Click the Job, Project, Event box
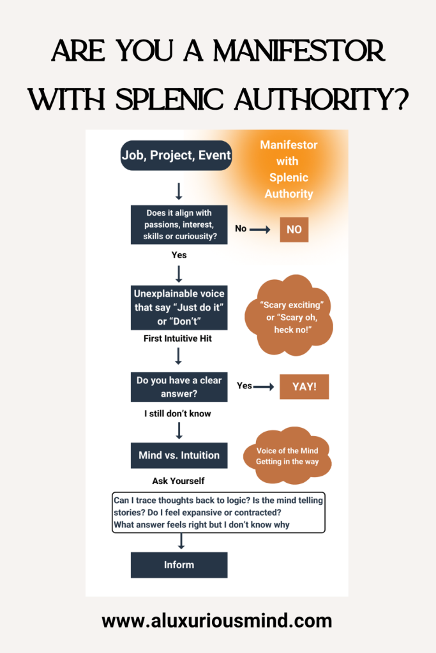click(176, 156)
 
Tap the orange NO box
click(294, 230)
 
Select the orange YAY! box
click(304, 387)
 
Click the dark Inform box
click(179, 565)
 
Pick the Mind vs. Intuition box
click(179, 455)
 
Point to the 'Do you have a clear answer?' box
click(179, 387)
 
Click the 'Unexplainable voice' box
click(179, 308)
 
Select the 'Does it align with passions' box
click(179, 224)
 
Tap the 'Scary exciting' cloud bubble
click(289, 316)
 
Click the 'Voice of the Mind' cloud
click(287, 455)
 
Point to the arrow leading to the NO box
click(260, 230)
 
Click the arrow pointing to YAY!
click(264, 387)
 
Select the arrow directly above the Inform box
click(181, 541)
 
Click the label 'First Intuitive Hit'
click(177, 339)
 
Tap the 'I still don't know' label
click(177, 413)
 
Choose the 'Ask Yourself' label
click(178, 481)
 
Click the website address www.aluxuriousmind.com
click(217, 621)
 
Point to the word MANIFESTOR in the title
click(299, 51)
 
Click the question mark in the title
click(401, 99)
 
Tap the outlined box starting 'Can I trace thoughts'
click(218, 513)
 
